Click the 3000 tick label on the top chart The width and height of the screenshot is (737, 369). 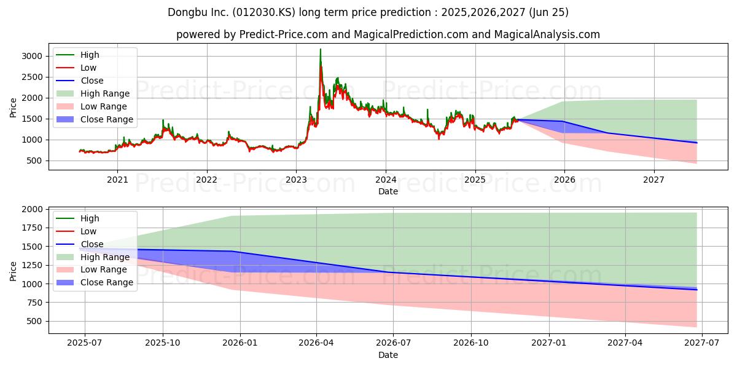point(32,56)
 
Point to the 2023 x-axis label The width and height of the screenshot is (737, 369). point(296,180)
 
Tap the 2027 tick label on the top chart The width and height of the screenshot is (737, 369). point(653,180)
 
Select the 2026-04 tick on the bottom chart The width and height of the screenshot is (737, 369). point(316,343)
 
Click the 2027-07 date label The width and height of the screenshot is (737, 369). point(702,343)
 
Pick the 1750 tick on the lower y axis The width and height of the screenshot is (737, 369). point(32,228)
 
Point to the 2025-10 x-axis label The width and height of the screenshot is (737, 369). point(163,343)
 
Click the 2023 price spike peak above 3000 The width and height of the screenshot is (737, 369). point(321,49)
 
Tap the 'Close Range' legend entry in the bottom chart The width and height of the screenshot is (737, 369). point(95,283)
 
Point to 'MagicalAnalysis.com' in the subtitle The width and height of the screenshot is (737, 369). point(547,34)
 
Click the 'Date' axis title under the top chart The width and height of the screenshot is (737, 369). point(388,191)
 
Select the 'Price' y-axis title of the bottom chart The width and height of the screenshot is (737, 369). point(13,271)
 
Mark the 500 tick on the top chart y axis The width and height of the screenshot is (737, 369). point(34,161)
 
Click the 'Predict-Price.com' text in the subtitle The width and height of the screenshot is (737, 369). point(283,34)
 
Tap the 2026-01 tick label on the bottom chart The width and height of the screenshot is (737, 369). point(240,343)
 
